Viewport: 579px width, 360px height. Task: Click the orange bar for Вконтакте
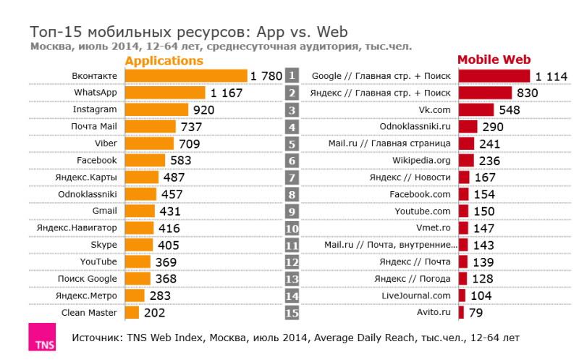185,76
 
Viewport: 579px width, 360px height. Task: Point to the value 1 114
551,76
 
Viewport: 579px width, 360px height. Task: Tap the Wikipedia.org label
421,160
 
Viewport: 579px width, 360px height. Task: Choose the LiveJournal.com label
415,296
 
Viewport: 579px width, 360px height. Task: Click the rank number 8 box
292,194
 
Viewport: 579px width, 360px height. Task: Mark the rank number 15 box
292,313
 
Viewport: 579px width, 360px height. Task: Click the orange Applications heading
164,61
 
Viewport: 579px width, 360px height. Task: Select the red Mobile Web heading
495,60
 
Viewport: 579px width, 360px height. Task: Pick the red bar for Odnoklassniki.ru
468,127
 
